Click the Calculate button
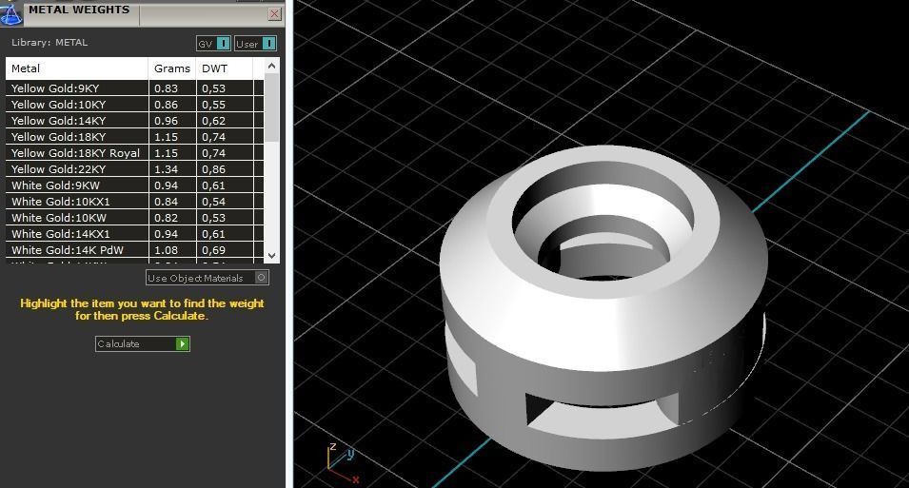[x=143, y=343]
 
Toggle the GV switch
[x=214, y=44]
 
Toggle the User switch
[x=255, y=44]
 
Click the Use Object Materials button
[x=207, y=278]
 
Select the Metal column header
[x=76, y=68]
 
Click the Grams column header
[x=172, y=68]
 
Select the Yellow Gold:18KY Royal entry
[x=75, y=153]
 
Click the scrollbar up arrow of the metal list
[x=272, y=66]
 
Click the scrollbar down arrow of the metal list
[x=272, y=255]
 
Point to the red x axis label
[x=356, y=479]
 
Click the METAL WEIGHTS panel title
[x=79, y=10]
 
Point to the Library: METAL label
[x=49, y=43]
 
